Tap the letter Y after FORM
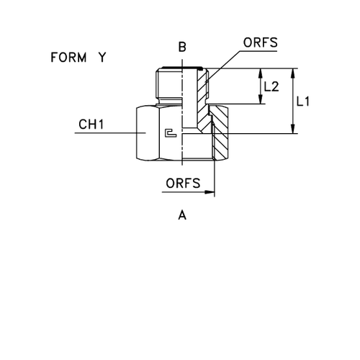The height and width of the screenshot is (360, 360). pos(103,58)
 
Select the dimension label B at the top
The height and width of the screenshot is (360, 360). pos(183,48)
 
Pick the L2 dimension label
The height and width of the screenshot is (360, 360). pos(272,86)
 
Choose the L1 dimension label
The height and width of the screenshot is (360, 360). pos(304,103)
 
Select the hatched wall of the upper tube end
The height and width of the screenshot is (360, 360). pos(204,86)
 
